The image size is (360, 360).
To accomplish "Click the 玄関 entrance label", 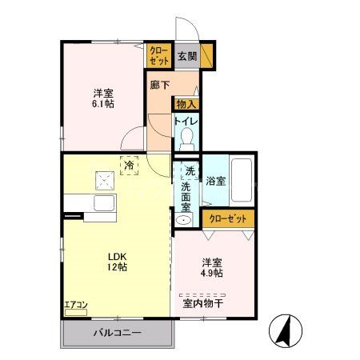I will coord(186,55).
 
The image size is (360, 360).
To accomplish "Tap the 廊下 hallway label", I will coord(158,83).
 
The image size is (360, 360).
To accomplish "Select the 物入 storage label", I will coord(186,103).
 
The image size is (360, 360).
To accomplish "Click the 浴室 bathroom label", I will coord(215,181).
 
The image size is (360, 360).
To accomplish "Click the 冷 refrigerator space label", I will coord(130,166).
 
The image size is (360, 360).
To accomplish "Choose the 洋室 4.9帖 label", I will coord(212,266).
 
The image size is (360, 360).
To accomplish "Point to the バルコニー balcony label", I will coord(115,332).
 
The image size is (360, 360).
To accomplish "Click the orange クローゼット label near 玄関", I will coord(158,56).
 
